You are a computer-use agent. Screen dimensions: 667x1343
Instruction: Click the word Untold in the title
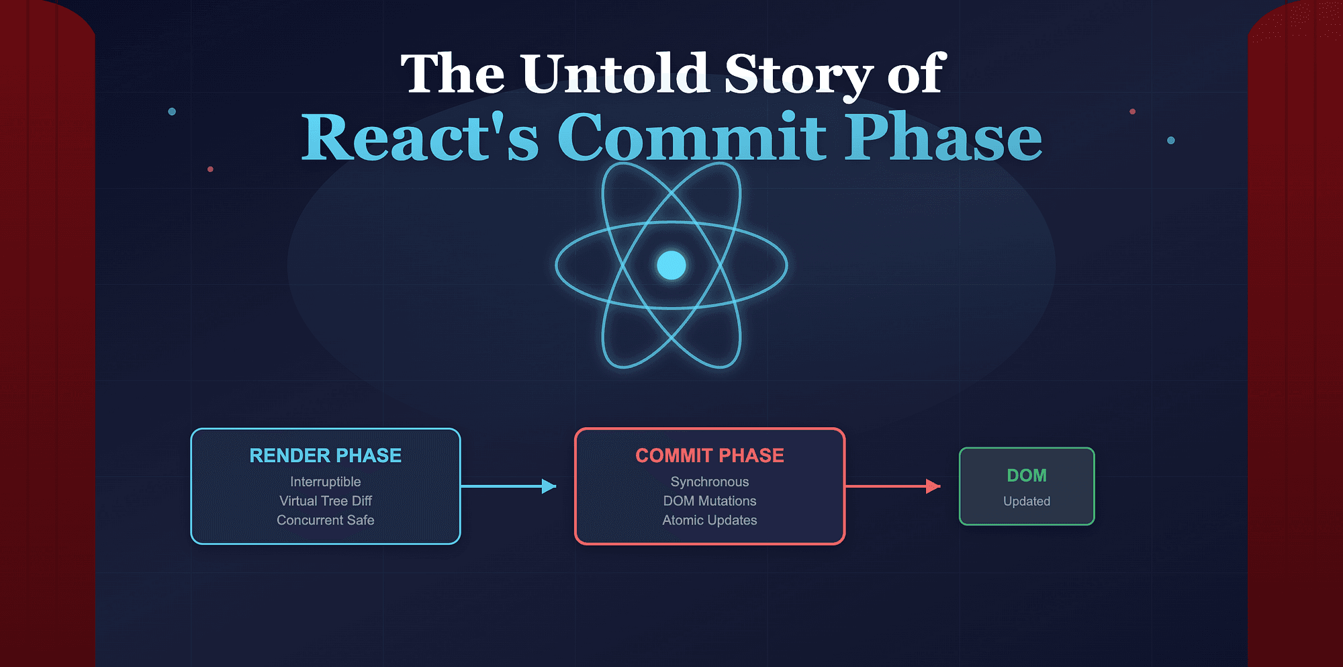pos(614,74)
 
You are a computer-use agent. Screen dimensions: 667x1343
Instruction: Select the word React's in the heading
pos(420,137)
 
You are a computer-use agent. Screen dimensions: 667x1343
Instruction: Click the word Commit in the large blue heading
pos(691,137)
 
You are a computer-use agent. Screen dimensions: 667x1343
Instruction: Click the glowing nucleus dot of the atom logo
pos(671,265)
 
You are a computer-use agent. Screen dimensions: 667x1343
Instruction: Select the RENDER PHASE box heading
pos(325,455)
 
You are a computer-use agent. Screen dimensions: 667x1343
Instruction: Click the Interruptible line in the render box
pos(325,482)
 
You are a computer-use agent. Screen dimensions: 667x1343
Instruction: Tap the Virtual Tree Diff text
pos(325,501)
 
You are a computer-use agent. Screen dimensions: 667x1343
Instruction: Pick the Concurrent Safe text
pos(325,520)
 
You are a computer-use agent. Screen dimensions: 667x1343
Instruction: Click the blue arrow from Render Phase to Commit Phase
pos(508,486)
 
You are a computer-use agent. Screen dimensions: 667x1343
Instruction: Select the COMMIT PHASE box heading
pos(709,455)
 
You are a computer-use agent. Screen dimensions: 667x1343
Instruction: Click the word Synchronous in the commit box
pos(709,482)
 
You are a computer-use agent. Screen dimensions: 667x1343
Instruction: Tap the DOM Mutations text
pos(709,501)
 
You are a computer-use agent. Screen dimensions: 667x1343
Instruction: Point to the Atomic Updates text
pos(709,520)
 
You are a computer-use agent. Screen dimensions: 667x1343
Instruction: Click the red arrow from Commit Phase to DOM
pos(892,486)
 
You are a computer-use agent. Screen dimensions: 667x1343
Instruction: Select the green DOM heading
pos(1027,476)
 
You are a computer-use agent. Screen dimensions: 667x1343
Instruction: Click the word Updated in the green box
pos(1027,501)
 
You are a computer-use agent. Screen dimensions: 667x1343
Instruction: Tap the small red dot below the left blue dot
pos(210,169)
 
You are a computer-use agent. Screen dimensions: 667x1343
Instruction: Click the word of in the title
pos(917,74)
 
